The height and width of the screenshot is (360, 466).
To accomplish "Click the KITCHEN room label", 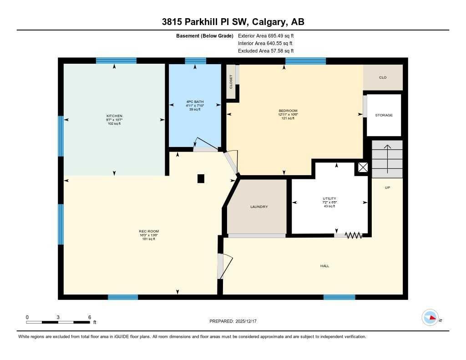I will [114, 116].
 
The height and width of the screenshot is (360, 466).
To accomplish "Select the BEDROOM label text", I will [288, 111].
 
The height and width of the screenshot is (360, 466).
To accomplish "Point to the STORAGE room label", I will [384, 115].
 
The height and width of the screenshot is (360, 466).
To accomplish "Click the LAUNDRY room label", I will [259, 207].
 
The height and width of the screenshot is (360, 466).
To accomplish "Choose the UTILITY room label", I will [329, 198].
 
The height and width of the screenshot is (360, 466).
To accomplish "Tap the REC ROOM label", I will [149, 231].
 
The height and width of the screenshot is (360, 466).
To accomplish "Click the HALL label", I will [324, 266].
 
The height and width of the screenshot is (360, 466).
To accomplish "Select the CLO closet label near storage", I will [383, 77].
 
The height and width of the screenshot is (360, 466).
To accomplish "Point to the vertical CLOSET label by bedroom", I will [231, 81].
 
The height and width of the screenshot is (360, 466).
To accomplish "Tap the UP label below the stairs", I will [387, 188].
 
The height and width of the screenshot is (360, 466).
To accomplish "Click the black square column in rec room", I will [201, 179].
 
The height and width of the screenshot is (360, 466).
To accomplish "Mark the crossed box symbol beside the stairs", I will [363, 167].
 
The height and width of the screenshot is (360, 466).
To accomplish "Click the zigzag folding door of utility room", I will [354, 235].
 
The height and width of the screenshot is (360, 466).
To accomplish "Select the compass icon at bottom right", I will [430, 318].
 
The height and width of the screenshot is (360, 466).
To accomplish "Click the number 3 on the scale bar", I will [58, 317].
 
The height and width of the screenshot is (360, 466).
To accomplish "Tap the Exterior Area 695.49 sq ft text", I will [269, 35].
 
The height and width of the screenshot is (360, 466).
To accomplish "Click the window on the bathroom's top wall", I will [196, 61].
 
